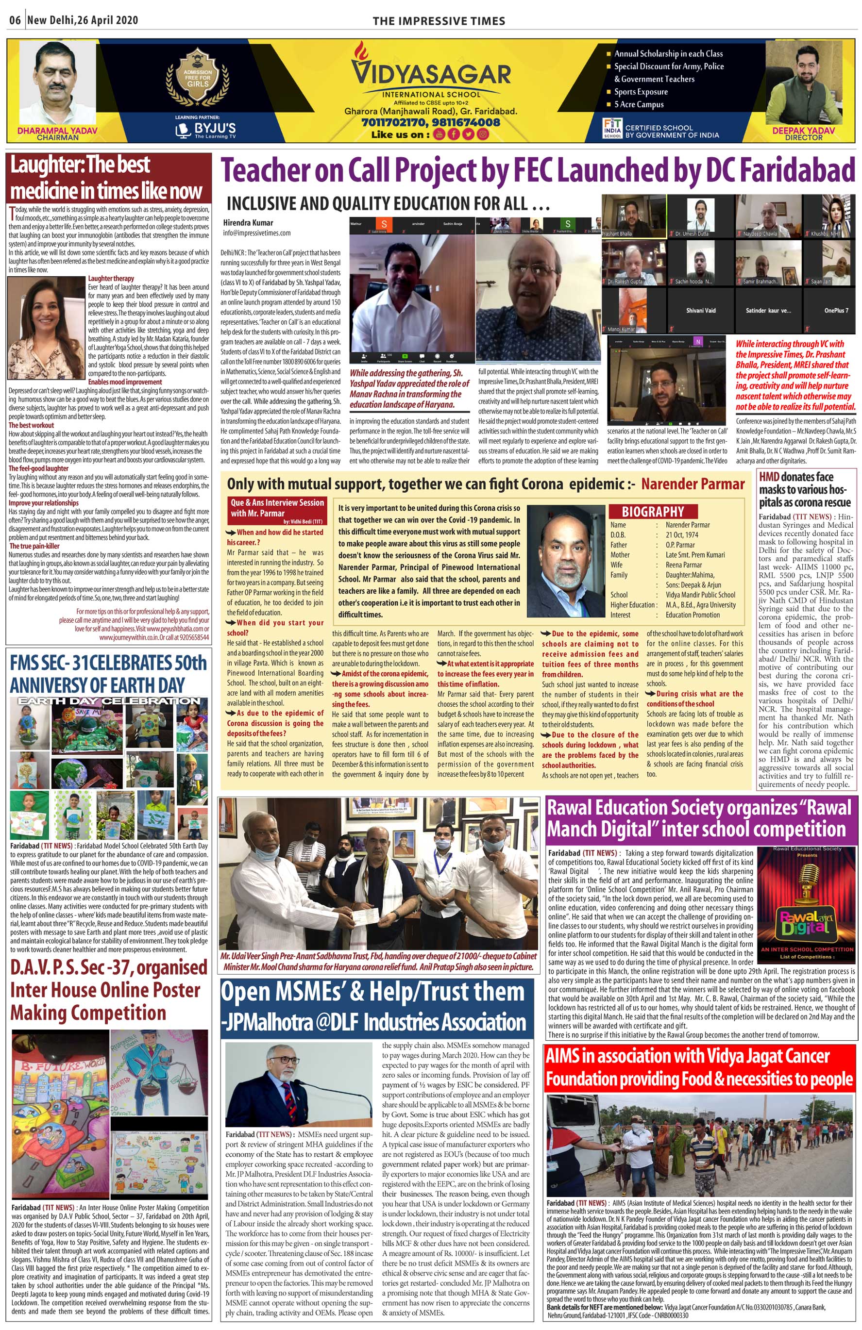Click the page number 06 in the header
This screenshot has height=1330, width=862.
[x=15, y=21]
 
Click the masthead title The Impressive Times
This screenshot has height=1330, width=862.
[x=439, y=21]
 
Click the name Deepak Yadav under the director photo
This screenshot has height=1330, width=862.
[x=803, y=130]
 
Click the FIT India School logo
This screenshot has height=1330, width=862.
[x=612, y=128]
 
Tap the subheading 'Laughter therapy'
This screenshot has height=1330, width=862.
[x=111, y=278]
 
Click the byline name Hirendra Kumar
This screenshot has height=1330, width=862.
[x=248, y=222]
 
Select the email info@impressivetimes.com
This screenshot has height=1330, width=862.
[x=256, y=233]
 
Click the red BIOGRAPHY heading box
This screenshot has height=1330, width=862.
[x=652, y=511]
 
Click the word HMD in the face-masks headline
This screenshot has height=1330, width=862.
[x=769, y=477]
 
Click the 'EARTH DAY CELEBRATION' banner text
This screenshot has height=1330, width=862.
[x=109, y=701]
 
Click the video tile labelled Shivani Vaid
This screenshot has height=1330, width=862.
[x=700, y=310]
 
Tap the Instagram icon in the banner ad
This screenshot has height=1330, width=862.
[x=482, y=134]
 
